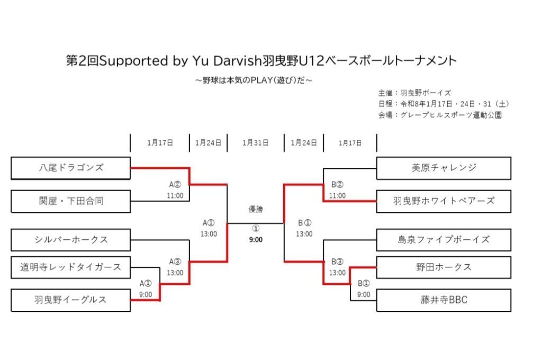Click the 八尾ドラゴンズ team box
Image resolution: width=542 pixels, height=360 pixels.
pyautogui.click(x=71, y=168)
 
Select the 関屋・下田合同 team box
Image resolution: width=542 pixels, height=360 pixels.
pyautogui.click(x=71, y=201)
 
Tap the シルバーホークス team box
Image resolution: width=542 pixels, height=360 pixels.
pyautogui.click(x=71, y=240)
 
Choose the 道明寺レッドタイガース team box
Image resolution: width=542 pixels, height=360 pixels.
pyautogui.click(x=71, y=267)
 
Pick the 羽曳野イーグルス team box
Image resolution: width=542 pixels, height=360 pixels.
pyautogui.click(x=71, y=300)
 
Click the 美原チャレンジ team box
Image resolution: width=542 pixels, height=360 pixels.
pyautogui.click(x=444, y=168)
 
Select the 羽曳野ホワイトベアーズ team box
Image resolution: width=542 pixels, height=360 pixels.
pyautogui.click(x=444, y=201)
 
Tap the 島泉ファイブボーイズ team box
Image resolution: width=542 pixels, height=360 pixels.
pyautogui.click(x=444, y=240)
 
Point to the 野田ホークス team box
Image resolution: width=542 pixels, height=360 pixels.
pyautogui.click(x=444, y=267)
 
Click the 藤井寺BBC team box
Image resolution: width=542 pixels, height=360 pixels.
pyautogui.click(x=444, y=300)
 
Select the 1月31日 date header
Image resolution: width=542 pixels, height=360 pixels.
pyautogui.click(x=256, y=143)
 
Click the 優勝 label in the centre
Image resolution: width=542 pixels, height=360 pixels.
pyautogui.click(x=256, y=210)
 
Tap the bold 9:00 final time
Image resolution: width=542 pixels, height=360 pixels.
pyautogui.click(x=256, y=239)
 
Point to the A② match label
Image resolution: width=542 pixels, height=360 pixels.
pyautogui.click(x=176, y=185)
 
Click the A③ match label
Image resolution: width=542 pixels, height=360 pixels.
pyautogui.click(x=176, y=262)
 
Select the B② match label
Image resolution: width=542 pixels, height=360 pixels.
pyautogui.click(x=338, y=185)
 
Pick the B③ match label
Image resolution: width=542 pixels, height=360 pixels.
pyautogui.click(x=338, y=262)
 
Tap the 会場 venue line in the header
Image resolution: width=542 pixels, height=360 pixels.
pyautogui.click(x=439, y=115)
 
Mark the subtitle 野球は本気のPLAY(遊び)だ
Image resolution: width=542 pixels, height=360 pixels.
pyautogui.click(x=254, y=80)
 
